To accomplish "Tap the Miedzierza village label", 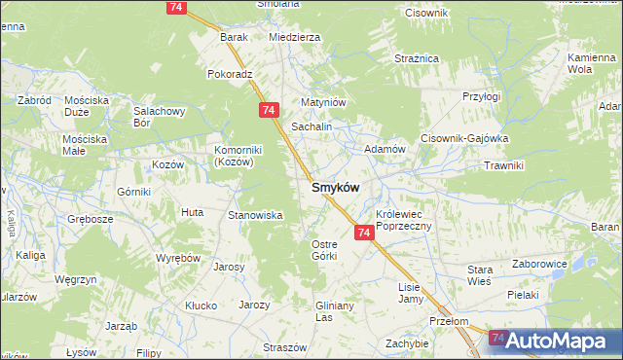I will click(x=294, y=37).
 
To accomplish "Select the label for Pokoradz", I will click(x=230, y=74).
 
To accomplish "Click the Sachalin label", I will click(x=312, y=127).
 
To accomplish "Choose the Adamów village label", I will click(x=384, y=149).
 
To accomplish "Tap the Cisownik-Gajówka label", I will click(x=464, y=138).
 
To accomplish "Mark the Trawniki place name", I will click(x=503, y=165).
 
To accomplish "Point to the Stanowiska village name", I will click(x=254, y=215).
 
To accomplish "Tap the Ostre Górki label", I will click(x=323, y=249).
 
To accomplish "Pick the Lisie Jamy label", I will click(x=415, y=293).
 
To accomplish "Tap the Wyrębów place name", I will click(x=178, y=258).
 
